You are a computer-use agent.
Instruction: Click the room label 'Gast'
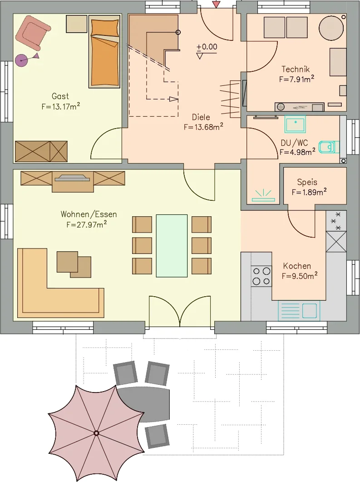coord(60,96)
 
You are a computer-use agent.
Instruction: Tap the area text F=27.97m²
coord(87,224)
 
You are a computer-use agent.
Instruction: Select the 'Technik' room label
coord(296,69)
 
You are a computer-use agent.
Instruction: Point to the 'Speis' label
coord(307,182)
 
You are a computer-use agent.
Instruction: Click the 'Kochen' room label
coord(297,266)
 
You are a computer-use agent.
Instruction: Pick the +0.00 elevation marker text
coord(207,47)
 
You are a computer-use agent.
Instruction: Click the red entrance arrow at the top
coord(217,4)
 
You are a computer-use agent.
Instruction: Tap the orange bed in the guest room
coord(104,51)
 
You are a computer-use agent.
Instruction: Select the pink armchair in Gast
coord(33,32)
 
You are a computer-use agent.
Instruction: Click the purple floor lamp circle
coord(21,60)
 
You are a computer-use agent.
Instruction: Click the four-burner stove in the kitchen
coord(261,276)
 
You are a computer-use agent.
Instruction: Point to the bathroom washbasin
coord(295,124)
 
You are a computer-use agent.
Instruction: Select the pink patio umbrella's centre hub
coord(96,433)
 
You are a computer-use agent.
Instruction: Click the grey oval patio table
coord(144,404)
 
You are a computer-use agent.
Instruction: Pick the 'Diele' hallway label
coord(201,117)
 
